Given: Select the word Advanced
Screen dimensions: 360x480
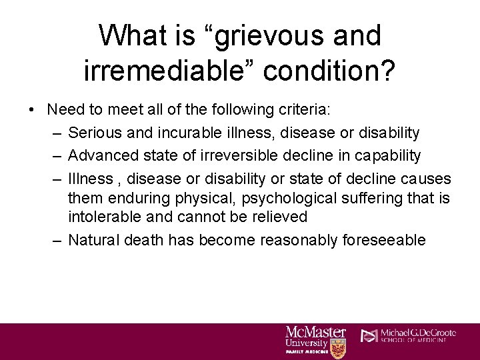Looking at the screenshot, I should point(101,156).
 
